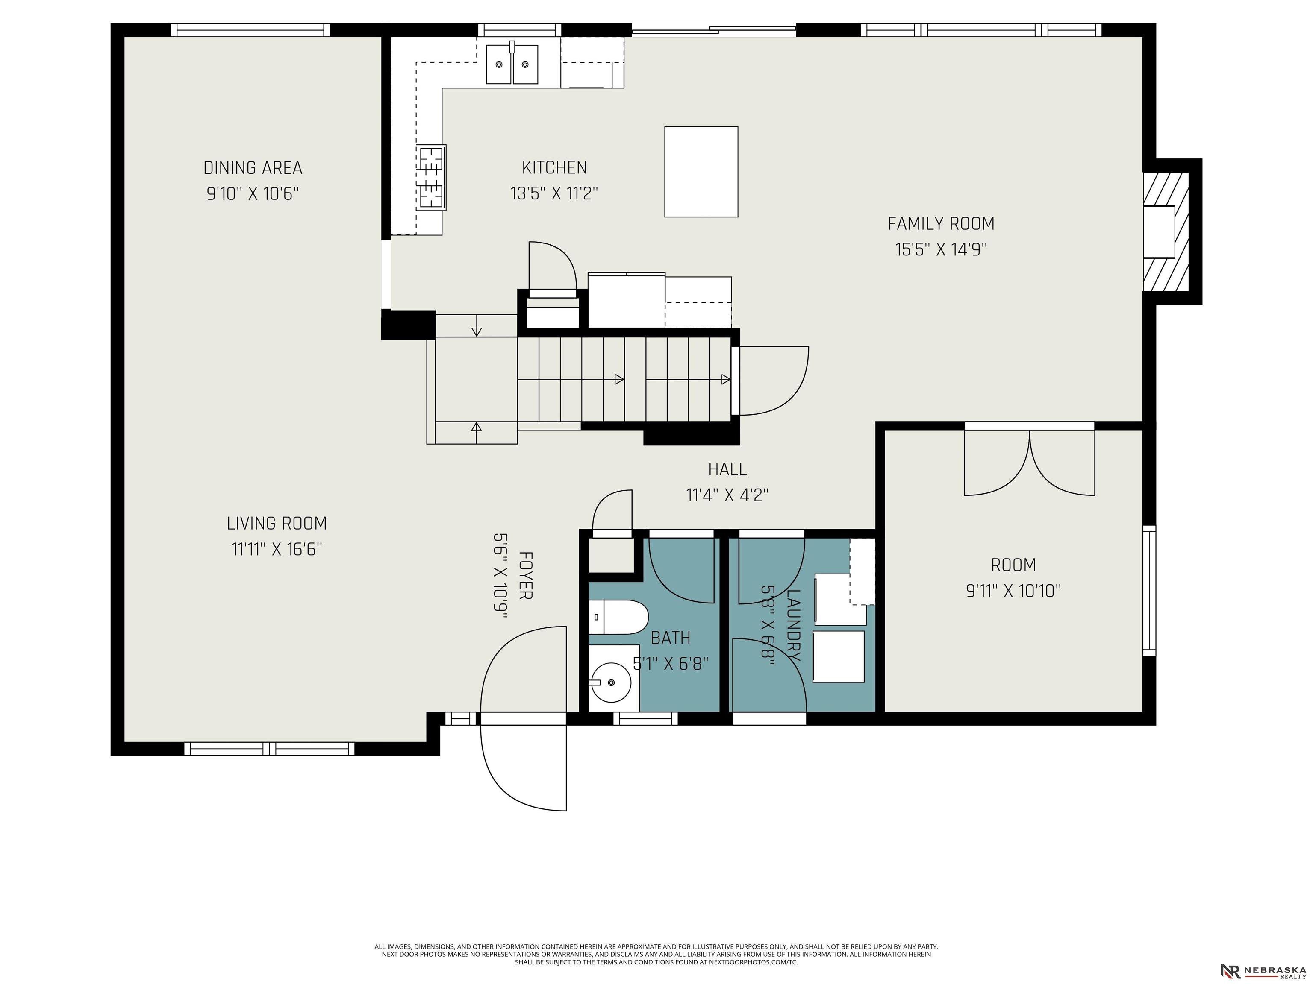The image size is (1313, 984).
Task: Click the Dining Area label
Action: (x=253, y=168)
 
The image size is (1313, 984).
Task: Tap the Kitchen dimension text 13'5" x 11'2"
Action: (x=554, y=193)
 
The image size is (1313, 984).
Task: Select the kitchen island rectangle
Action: (x=701, y=171)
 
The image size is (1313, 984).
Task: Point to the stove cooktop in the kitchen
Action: (x=432, y=177)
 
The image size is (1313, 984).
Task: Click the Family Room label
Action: (x=941, y=224)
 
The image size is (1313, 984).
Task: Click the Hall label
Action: (x=727, y=469)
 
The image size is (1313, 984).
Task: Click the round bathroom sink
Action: (x=611, y=682)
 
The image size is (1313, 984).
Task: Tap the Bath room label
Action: (x=671, y=638)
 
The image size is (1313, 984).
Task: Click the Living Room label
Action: (x=277, y=523)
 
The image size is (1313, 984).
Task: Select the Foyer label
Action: (x=525, y=575)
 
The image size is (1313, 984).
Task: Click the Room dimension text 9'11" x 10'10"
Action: (x=1013, y=591)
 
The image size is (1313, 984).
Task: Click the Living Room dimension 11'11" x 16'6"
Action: (x=277, y=549)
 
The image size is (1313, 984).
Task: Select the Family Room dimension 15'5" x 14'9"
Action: (x=941, y=249)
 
